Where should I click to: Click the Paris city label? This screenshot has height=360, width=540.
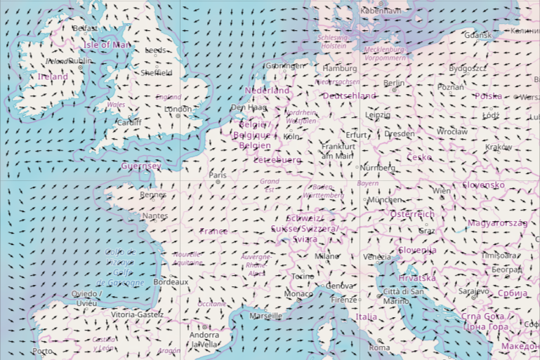218,175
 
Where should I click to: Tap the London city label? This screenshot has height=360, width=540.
178,109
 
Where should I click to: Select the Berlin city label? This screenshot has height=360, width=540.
394,83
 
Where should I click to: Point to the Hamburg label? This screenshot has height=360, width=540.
341,68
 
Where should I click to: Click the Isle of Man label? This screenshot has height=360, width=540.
107,45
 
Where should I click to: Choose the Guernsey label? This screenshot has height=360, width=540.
140,166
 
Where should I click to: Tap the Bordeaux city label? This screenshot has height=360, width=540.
171,281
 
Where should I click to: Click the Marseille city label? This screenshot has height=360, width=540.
265,316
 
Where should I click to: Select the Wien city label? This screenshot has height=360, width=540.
442,191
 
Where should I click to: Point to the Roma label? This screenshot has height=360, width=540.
379,347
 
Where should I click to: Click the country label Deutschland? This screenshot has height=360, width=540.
349,95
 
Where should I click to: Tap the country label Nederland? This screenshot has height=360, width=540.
267,91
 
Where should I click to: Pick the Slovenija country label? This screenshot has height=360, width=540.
417,250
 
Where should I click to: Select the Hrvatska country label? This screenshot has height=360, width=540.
417,278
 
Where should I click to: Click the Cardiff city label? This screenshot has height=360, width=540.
129,122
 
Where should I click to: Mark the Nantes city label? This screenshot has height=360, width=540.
154,216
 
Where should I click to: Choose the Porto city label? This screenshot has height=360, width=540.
42,351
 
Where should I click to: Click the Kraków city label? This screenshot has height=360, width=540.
499,147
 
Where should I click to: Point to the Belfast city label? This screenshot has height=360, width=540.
85,28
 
